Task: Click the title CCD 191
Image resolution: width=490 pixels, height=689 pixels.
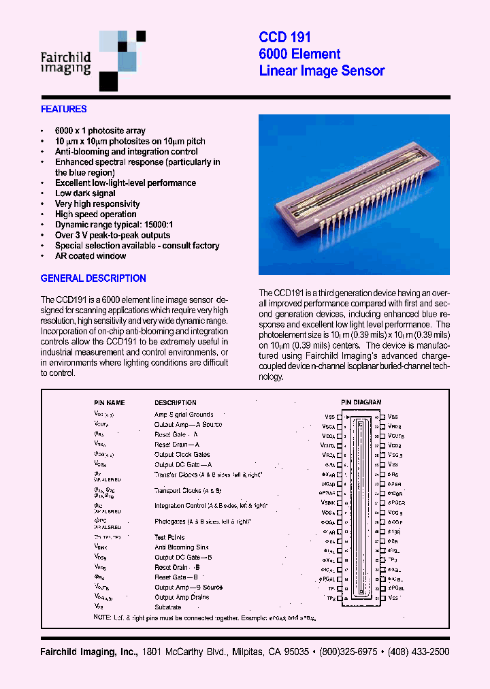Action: coord(284,38)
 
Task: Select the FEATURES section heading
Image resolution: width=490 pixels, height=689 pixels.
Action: coord(63,109)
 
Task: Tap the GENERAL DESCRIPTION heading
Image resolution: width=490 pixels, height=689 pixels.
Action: coord(93,278)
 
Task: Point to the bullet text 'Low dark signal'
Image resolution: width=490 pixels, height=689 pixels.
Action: coord(85,193)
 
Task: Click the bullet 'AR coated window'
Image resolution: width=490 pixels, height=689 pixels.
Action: coord(91,256)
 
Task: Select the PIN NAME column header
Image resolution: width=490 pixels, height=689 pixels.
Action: coord(109,403)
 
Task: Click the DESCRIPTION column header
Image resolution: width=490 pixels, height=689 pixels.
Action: coord(175,403)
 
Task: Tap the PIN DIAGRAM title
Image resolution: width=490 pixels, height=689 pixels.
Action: coord(361,402)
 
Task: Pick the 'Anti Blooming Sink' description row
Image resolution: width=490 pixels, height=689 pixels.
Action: coord(182,547)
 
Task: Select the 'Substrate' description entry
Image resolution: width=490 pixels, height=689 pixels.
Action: coord(167,607)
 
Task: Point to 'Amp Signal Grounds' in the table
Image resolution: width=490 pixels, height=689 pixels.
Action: coord(184,414)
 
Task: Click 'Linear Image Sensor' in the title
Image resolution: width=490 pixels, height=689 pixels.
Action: coord(321,71)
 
